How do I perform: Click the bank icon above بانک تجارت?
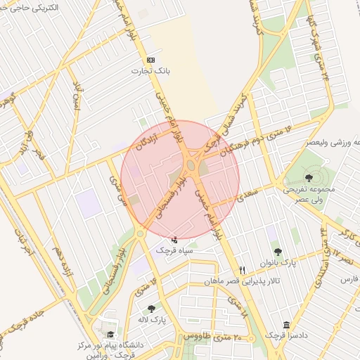(x=150, y=60)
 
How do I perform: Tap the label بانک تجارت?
(x=150, y=71)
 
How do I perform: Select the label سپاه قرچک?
(x=174, y=250)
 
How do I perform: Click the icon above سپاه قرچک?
(x=174, y=240)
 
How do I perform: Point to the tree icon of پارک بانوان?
(x=278, y=252)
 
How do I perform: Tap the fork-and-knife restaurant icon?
(x=243, y=269)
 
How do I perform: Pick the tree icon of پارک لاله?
(x=151, y=309)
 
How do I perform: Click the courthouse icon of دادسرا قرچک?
(x=285, y=325)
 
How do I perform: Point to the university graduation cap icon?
(x=110, y=335)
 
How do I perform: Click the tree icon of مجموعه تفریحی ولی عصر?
(x=309, y=176)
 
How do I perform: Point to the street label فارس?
(x=349, y=280)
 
